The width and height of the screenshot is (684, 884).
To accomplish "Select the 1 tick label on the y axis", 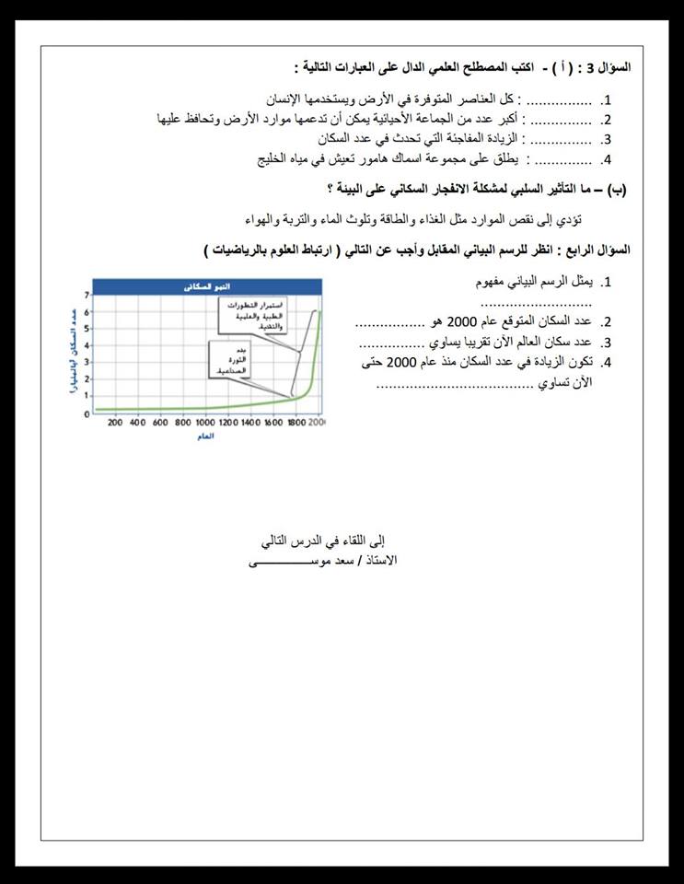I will coord(87,395).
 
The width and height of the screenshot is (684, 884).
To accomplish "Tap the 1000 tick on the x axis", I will coord(205,423).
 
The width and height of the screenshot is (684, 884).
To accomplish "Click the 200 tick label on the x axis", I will coord(115,423).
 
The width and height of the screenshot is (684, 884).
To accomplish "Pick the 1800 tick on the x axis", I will coord(295,423).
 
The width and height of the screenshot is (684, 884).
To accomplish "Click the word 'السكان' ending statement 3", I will coord(337,139).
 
